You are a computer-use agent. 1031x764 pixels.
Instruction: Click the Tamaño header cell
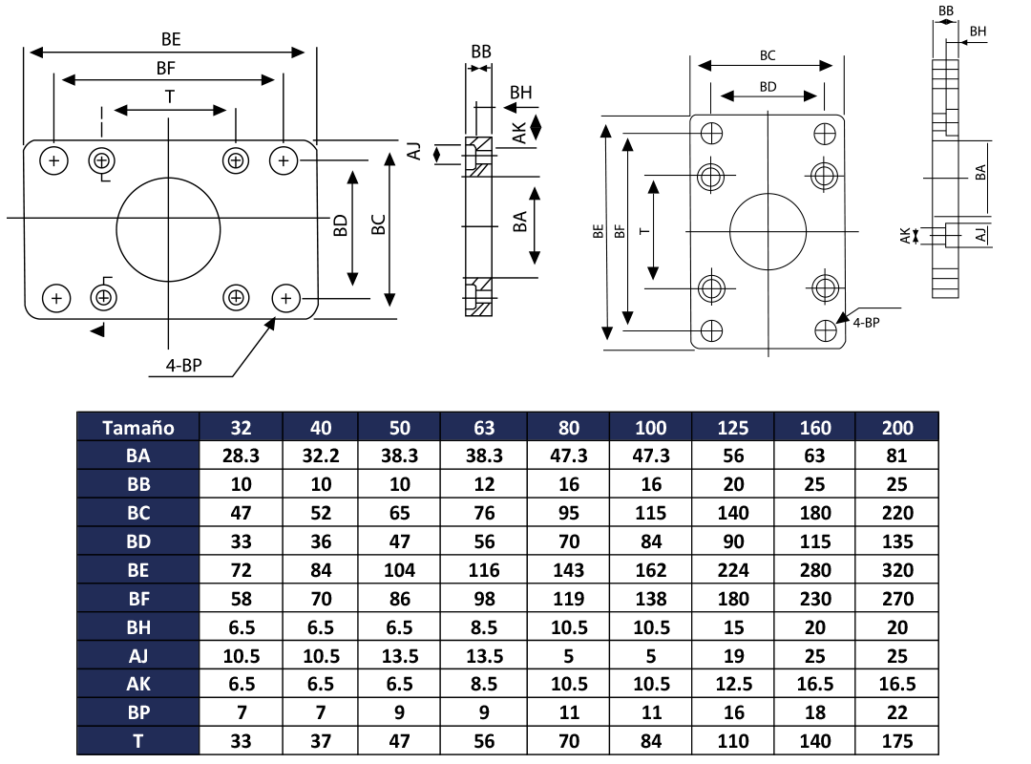pos(138,427)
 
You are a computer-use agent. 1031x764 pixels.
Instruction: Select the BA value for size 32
pos(241,456)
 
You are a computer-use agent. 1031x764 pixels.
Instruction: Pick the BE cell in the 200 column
pos(897,570)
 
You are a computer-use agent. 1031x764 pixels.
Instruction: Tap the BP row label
pos(138,712)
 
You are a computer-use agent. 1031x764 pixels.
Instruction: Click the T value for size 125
pos(733,741)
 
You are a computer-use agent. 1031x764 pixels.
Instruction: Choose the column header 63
pos(485,427)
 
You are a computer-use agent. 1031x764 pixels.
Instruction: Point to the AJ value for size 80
pos(568,655)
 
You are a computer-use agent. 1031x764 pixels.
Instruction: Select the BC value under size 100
pos(651,513)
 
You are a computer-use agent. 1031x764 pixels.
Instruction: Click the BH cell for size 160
pos(815,627)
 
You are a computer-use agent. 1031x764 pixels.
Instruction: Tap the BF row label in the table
pos(138,599)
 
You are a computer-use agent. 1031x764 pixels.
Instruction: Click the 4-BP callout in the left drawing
pos(183,365)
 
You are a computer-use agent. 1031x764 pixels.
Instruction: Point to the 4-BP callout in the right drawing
pos(866,323)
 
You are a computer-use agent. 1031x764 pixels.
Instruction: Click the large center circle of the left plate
pos(169,228)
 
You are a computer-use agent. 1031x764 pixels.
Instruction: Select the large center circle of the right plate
pos(768,231)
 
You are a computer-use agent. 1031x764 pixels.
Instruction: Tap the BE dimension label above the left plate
pos(171,39)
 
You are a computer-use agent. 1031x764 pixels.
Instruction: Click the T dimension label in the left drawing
pos(170,96)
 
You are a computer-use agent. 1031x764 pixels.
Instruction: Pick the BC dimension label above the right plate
pos(767,55)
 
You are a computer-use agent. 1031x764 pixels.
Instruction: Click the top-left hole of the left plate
pos(54,160)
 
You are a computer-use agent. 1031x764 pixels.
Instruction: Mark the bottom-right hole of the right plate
pos(826,330)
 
